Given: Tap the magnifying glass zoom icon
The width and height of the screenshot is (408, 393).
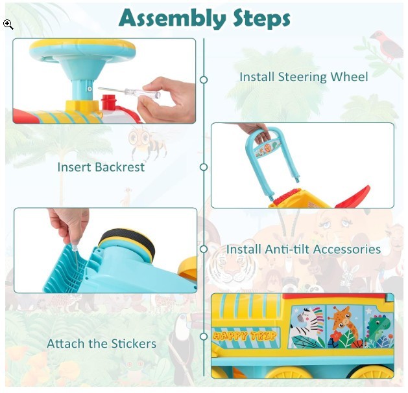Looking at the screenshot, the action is tap(8, 25).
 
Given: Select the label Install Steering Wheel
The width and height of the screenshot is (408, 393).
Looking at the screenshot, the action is tap(304, 77).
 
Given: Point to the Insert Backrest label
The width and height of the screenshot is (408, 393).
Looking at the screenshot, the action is tap(101, 167).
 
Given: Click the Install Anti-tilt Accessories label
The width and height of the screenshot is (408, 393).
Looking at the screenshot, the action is tap(304, 249).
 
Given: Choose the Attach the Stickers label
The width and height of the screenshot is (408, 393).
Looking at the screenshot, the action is tap(101, 344).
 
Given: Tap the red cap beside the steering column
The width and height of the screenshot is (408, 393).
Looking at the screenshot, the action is tap(108, 102).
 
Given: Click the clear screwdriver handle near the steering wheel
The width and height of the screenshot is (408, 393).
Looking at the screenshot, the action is tap(142, 93).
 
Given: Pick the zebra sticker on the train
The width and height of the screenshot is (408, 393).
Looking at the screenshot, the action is tap(307, 327).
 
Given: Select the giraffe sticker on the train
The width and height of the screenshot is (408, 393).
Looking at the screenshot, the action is tap(344, 326).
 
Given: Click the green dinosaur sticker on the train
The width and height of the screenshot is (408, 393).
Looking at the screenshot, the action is tap(379, 327).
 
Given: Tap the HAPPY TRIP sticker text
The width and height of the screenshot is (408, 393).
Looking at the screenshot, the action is tap(245, 336).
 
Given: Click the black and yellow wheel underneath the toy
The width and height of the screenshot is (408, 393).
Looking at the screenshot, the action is tap(128, 244).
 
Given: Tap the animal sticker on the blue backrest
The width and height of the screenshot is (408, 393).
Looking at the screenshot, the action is tap(268, 148).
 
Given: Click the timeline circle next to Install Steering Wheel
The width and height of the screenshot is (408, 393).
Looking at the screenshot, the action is tap(204, 80).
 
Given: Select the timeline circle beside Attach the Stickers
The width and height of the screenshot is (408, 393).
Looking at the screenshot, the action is tap(204, 337).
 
